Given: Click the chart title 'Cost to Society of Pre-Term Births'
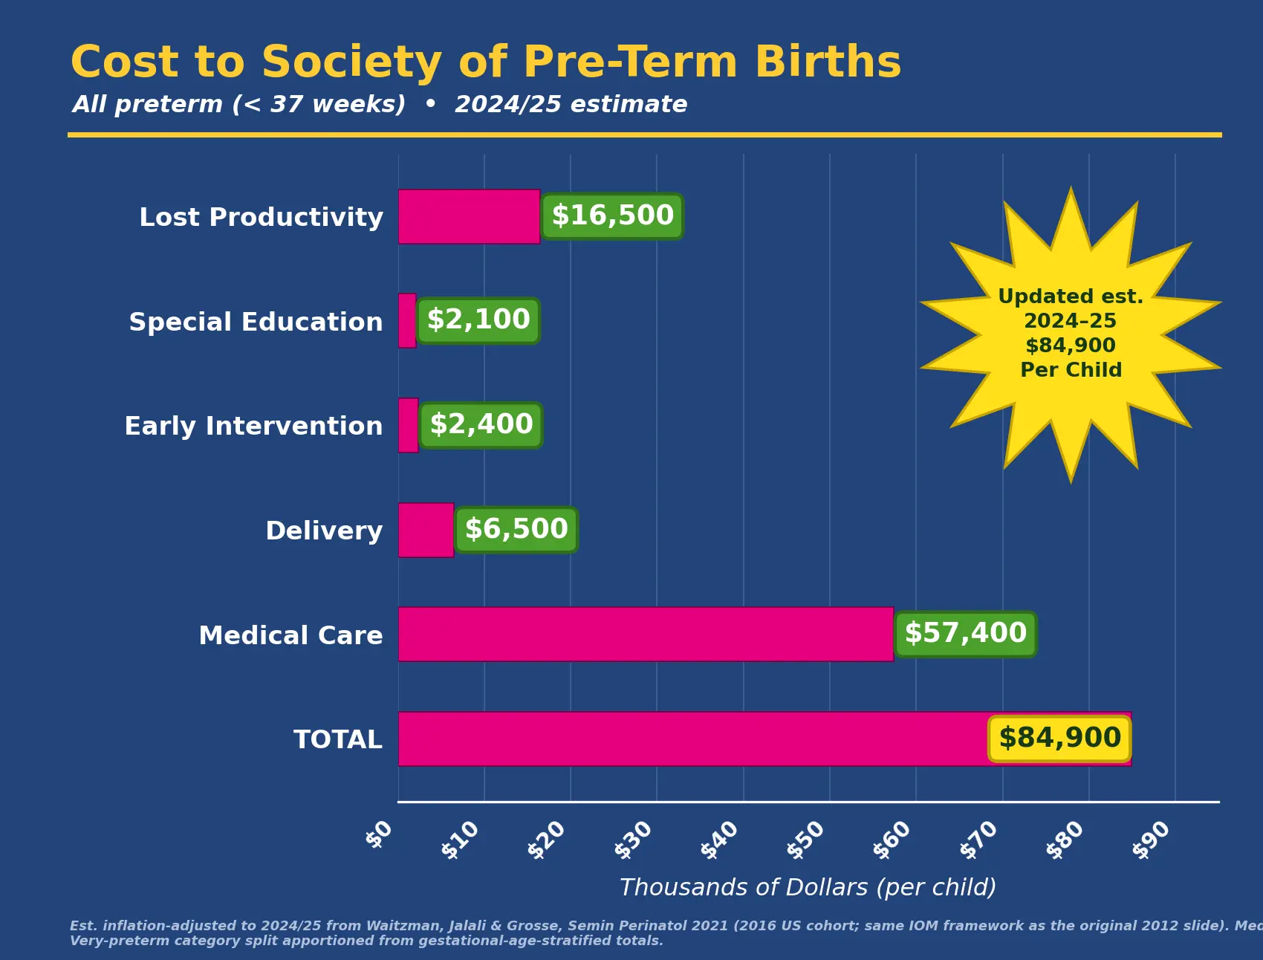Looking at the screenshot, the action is tap(486, 62).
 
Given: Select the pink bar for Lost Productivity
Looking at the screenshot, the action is tap(469, 216).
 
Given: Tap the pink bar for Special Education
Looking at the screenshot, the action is tap(407, 320).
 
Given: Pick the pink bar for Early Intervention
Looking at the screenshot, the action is tap(408, 425).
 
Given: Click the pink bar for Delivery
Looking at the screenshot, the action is tap(426, 530).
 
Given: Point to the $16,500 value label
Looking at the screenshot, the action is tap(612, 216).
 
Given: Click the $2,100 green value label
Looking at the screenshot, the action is tap(478, 320).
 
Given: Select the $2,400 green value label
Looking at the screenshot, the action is tap(481, 425).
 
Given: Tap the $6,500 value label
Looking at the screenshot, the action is tap(516, 530).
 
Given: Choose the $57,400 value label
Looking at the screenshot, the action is tap(965, 634).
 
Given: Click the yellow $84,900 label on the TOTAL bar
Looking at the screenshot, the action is tap(1059, 739).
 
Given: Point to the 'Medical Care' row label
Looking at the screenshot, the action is tap(290, 635).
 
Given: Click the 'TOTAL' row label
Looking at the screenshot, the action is tap(338, 739).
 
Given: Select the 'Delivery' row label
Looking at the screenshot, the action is tap(324, 531).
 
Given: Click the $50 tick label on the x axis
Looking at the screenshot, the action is tap(806, 840).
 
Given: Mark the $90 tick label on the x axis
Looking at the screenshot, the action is tap(1152, 840).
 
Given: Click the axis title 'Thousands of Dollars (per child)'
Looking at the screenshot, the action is tap(808, 887).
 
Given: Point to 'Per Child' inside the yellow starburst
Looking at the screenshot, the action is tap(1071, 370).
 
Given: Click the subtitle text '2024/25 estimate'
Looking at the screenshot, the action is tap(571, 104).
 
